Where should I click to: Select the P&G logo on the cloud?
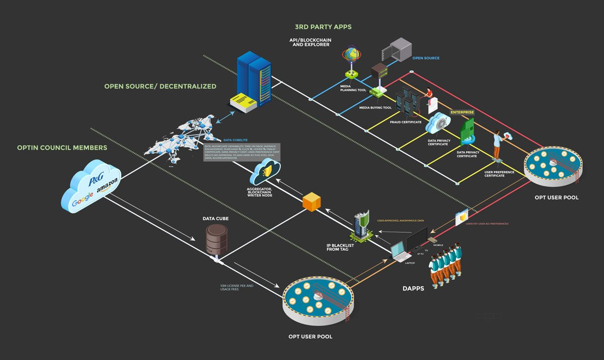click(96, 180)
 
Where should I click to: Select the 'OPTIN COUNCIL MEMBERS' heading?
click(62, 148)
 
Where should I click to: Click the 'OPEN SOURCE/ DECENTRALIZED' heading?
click(160, 86)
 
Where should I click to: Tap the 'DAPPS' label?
click(414, 289)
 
